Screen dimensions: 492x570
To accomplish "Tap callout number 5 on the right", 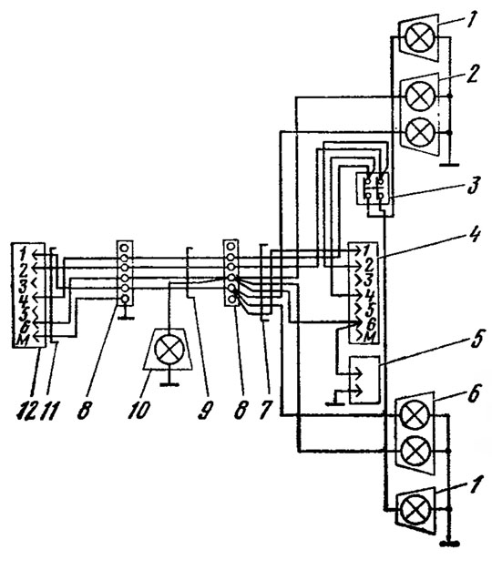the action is click(x=478, y=338).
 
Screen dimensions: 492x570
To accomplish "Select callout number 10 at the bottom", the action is click(x=138, y=409).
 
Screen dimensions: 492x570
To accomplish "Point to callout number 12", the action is click(x=27, y=410).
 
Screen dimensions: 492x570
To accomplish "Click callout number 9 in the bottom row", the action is click(x=206, y=410).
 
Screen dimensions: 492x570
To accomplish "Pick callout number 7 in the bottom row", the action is click(x=264, y=410).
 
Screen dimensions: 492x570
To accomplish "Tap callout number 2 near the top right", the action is click(x=473, y=73).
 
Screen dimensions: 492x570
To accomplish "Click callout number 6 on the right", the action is click(x=473, y=393).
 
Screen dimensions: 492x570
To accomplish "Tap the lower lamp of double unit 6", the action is click(x=415, y=451).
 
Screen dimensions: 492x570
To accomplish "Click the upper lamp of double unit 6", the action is click(x=415, y=414).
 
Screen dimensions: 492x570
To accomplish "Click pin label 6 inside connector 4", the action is click(x=369, y=323).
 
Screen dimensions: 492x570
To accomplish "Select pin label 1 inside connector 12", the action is click(x=23, y=252).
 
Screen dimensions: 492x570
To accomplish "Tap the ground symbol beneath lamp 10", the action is click(x=169, y=383).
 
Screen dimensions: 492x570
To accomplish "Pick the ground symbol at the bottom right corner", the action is click(x=450, y=545).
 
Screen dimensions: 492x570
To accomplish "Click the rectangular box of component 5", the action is click(x=364, y=380).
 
